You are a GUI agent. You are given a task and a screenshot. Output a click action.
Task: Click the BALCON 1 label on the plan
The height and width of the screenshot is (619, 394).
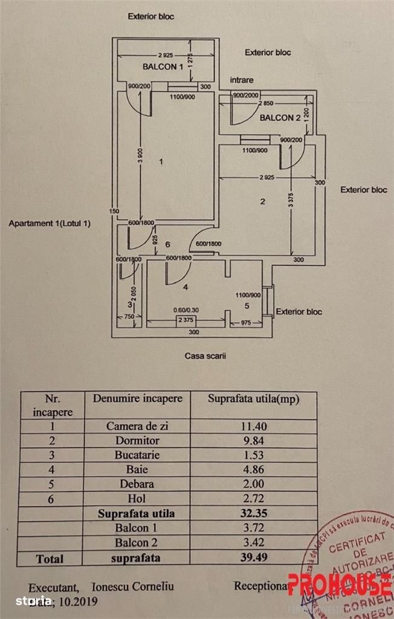point(163,66)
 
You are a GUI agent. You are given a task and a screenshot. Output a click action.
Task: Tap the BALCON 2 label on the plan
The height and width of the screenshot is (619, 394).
point(280,118)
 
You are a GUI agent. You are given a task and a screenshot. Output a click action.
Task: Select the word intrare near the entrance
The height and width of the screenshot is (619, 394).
point(242,80)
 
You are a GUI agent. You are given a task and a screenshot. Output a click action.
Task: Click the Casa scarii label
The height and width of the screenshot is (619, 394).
point(201,356)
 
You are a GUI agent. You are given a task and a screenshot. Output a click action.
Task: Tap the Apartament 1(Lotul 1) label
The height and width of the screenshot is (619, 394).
point(50,224)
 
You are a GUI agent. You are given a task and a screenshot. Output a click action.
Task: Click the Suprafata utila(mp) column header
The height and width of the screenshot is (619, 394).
point(254,399)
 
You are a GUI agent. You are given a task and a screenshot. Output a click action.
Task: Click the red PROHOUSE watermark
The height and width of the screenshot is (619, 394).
point(339,585)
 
